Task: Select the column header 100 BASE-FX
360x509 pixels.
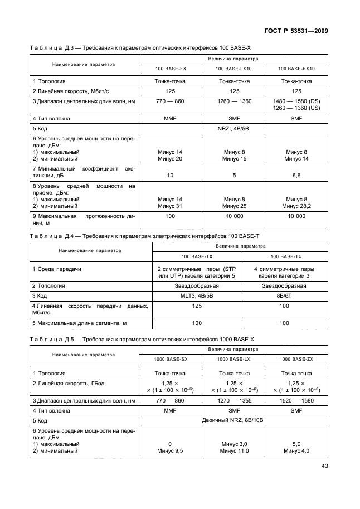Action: click(x=170, y=69)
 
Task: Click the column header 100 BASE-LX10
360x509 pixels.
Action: click(x=234, y=69)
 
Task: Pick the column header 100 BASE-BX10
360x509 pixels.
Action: click(x=296, y=69)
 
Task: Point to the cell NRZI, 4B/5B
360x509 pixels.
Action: click(x=234, y=128)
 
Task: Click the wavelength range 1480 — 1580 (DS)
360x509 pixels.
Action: click(x=296, y=101)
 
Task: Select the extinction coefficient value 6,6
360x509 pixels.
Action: click(x=296, y=176)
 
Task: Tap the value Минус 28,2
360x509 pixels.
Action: click(x=296, y=206)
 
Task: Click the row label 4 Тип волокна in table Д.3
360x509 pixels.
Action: click(x=51, y=119)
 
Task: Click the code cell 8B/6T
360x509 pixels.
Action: click(x=284, y=295)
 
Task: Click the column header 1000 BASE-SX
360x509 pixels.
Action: click(x=170, y=359)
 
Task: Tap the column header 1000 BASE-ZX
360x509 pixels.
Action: click(x=296, y=359)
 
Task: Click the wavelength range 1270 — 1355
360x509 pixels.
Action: click(x=234, y=400)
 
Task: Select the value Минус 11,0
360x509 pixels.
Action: click(x=234, y=450)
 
